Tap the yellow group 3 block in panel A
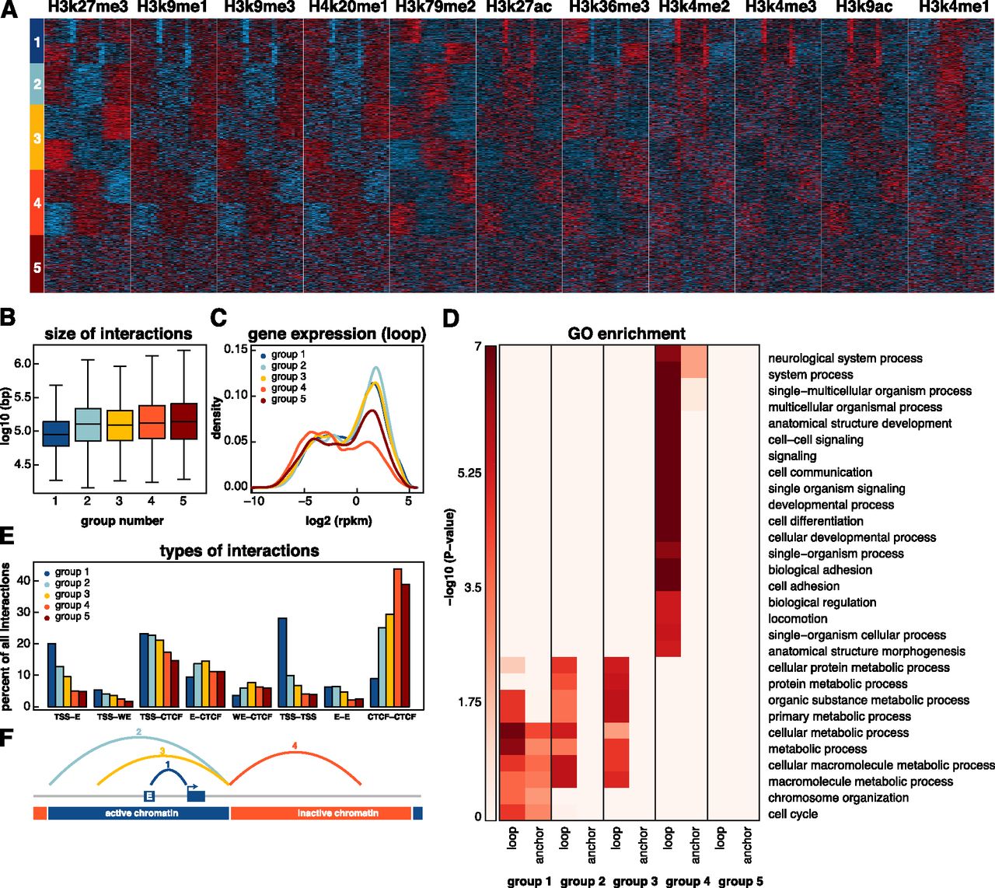[37, 138]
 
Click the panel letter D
[452, 319]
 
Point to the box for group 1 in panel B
[56, 433]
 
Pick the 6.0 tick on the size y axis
[23, 364]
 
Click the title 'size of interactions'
[118, 334]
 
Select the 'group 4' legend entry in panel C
[288, 388]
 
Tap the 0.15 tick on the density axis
[235, 349]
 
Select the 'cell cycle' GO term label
[793, 814]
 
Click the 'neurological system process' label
[845, 358]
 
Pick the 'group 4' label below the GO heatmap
[683, 881]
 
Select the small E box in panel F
[148, 795]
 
